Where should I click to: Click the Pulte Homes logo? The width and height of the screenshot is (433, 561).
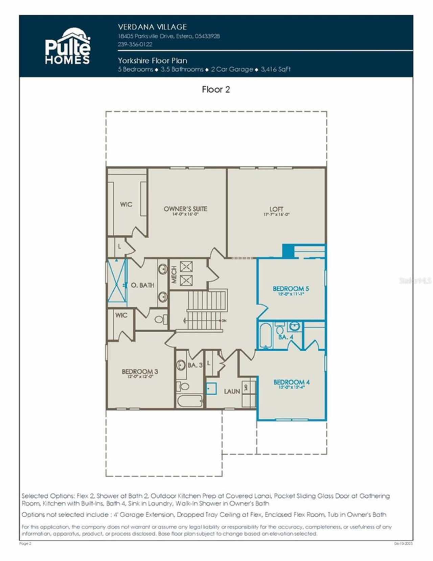(68, 46)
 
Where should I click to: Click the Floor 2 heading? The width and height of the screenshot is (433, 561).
(216, 89)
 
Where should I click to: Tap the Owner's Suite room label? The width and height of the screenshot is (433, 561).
(185, 209)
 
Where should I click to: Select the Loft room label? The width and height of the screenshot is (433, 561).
(276, 209)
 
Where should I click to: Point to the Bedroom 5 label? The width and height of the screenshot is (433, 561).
(291, 289)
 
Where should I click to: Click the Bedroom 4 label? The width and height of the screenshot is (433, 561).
(291, 382)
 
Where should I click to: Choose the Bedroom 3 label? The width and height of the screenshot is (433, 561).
(140, 372)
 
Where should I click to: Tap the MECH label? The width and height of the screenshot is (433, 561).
(174, 274)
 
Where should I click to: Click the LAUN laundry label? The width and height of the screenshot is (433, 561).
(232, 392)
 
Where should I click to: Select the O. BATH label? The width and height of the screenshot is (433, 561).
(142, 285)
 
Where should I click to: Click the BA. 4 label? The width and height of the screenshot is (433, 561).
(286, 337)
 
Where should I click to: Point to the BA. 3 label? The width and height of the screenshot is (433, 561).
(195, 365)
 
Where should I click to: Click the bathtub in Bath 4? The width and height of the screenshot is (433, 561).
(266, 336)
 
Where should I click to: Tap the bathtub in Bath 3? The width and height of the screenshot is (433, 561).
(189, 401)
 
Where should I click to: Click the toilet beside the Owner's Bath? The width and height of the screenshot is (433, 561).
(160, 319)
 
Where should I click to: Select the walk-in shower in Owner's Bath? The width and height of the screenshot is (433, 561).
(116, 280)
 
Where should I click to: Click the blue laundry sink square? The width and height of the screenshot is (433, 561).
(211, 389)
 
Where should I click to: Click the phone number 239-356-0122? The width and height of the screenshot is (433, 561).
(135, 44)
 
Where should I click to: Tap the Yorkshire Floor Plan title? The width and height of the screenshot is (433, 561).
(152, 61)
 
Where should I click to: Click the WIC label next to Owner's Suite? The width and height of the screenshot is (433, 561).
(126, 204)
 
